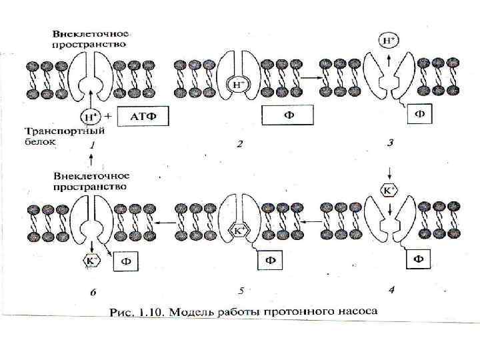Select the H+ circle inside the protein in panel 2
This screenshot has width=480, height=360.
pos(239,85)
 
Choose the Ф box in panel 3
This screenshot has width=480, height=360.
pos(419,113)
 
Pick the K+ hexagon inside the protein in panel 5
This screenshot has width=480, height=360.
pos(239,231)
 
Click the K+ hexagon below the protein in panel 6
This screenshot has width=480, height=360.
pos(91,261)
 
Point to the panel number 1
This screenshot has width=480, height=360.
pos(93,144)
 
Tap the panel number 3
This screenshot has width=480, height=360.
pos(391,142)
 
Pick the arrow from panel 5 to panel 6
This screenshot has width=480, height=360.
pos(167,224)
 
